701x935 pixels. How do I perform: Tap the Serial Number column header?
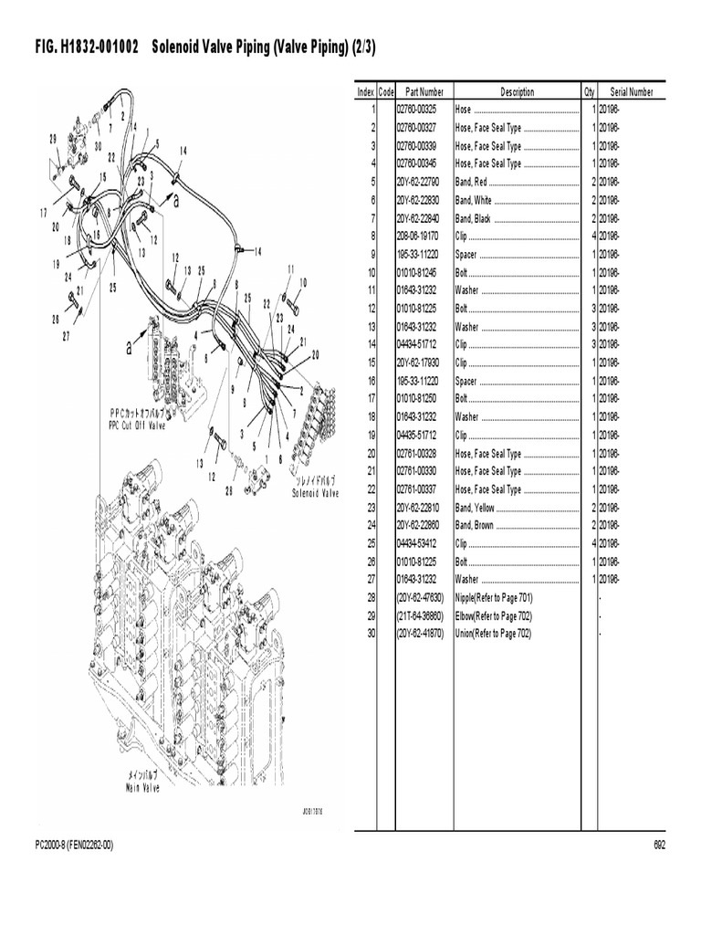pos(631,92)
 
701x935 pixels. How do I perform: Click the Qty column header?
pos(589,92)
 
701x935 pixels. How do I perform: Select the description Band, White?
pos(474,200)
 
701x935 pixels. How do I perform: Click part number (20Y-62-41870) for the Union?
pos(419,634)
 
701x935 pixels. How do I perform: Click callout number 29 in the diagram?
pos(53,138)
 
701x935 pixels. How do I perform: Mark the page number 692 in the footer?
pos(658,846)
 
